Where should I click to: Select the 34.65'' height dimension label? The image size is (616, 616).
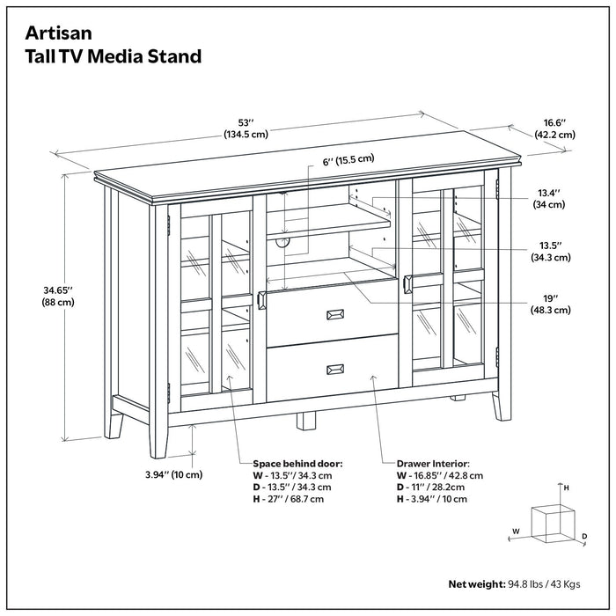55,294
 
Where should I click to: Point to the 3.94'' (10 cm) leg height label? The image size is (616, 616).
172,474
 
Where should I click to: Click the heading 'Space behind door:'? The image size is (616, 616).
297,463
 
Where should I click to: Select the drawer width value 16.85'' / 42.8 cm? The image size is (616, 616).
441,474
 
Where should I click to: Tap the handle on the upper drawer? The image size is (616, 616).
335,314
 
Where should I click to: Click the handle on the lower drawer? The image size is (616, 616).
335,369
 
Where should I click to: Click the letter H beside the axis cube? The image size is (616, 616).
567,487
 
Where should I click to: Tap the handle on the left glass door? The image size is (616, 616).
260,301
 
